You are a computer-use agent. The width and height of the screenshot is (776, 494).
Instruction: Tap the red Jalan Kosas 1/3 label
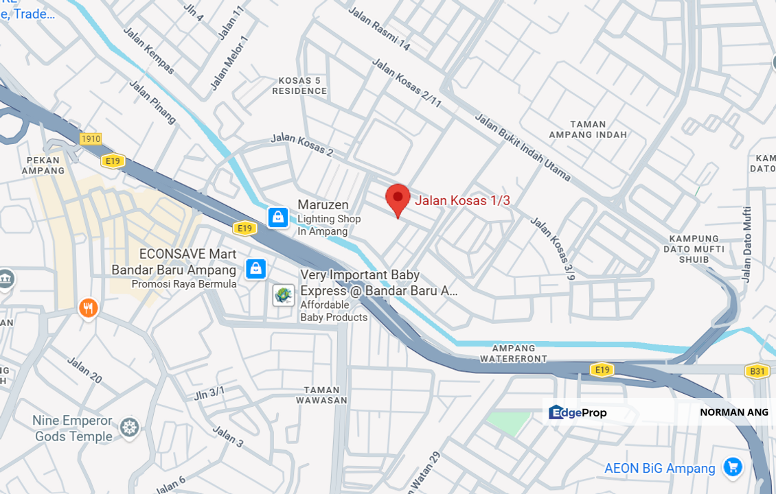(x=462, y=200)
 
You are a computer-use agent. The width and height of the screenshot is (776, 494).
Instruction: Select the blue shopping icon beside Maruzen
(x=278, y=217)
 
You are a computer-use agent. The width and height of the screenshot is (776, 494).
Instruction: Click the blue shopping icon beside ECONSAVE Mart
(x=255, y=268)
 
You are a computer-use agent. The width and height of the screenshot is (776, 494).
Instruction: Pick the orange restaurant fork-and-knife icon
(x=88, y=308)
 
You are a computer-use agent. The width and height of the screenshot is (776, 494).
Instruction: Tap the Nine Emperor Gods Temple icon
(x=129, y=428)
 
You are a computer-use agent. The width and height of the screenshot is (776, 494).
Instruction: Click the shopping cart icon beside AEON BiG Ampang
(x=732, y=468)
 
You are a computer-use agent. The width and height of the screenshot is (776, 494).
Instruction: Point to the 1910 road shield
(x=90, y=139)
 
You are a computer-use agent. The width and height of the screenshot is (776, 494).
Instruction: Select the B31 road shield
(x=757, y=371)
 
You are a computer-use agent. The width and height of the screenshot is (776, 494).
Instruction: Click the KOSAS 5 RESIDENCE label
(x=300, y=86)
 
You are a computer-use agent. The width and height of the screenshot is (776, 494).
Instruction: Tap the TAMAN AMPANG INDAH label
(x=589, y=130)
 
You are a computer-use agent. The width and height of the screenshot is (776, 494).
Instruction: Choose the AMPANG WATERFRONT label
(x=513, y=353)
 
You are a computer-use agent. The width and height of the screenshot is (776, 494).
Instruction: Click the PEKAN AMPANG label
(x=43, y=165)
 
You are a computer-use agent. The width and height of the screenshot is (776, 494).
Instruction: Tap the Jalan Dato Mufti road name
(x=747, y=244)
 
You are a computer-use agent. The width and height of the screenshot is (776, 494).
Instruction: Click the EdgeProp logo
(x=578, y=412)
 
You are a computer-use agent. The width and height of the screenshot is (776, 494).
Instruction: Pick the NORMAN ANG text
(x=733, y=412)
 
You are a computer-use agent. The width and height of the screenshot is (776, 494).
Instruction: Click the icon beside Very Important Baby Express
(x=284, y=295)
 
